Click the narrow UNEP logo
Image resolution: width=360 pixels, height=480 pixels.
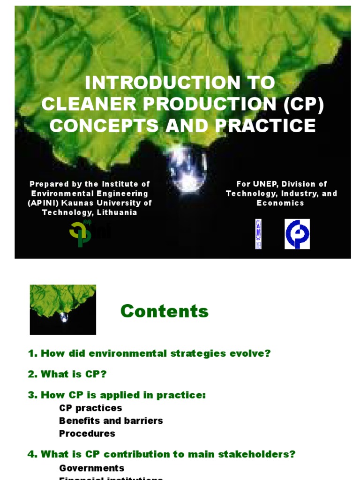(258, 233)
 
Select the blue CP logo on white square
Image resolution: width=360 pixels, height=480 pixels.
(297, 234)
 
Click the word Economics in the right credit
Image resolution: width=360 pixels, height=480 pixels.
(280, 203)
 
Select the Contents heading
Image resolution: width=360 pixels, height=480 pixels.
(165, 311)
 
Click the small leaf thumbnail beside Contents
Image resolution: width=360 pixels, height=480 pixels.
(63, 309)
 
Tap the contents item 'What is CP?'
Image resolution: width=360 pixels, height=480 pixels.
(74, 374)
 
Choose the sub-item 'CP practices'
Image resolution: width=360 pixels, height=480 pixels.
(90, 408)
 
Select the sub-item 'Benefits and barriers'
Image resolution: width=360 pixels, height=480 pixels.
(111, 420)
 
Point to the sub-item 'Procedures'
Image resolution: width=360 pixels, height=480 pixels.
(87, 433)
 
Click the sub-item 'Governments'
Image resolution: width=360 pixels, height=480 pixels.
(92, 468)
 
